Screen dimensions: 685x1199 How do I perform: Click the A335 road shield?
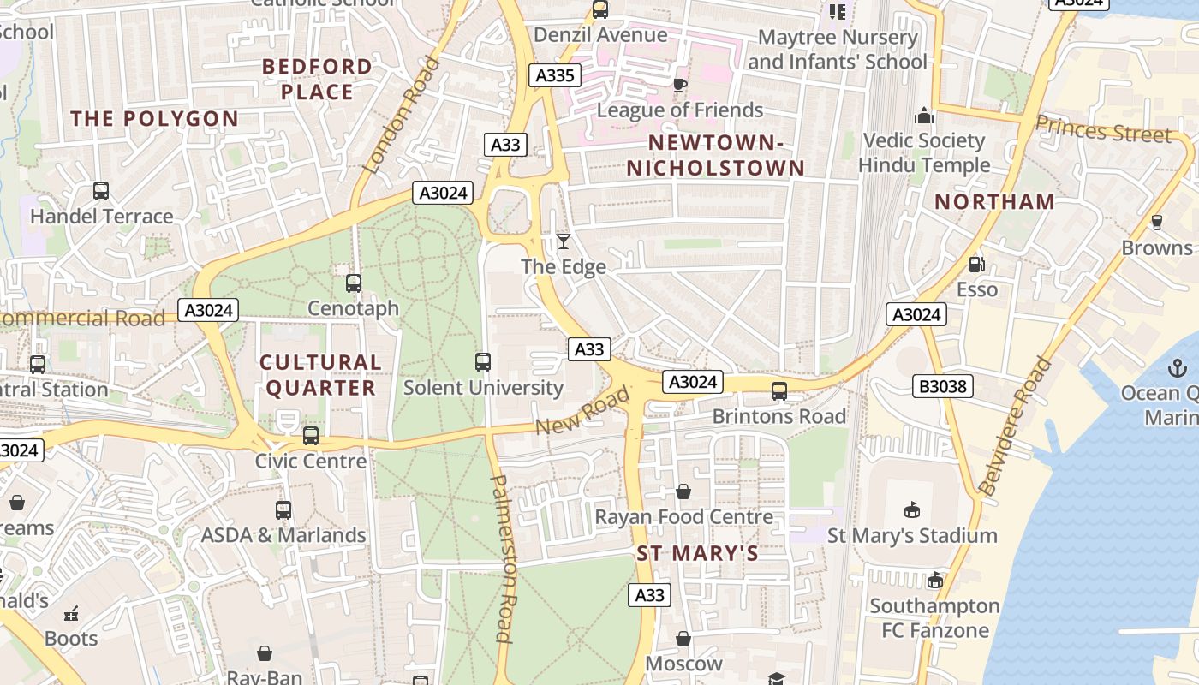pyautogui.click(x=554, y=75)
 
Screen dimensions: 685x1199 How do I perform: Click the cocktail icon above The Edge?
pyautogui.click(x=564, y=241)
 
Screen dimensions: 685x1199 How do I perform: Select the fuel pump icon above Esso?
pyautogui.click(x=975, y=265)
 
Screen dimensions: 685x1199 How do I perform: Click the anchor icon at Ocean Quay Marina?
pyautogui.click(x=1178, y=368)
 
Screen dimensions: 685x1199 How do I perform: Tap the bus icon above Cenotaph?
pyautogui.click(x=353, y=283)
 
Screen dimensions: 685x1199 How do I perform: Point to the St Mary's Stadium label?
pyautogui.click(x=911, y=536)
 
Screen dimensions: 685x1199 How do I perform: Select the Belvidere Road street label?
pyautogui.click(x=1016, y=427)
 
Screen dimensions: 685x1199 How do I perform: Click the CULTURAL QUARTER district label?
pyautogui.click(x=320, y=375)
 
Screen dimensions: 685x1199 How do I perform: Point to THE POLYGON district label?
pyautogui.click(x=154, y=119)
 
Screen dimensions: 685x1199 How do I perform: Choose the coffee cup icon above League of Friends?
pyautogui.click(x=680, y=85)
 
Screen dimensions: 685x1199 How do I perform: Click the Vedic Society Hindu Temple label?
pyautogui.click(x=923, y=152)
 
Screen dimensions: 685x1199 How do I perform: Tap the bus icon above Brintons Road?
pyautogui.click(x=778, y=391)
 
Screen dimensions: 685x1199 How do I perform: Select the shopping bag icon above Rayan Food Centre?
pyautogui.click(x=683, y=491)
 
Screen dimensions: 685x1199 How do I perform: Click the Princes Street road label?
pyautogui.click(x=1103, y=129)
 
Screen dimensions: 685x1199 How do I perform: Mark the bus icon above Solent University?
pyautogui.click(x=483, y=362)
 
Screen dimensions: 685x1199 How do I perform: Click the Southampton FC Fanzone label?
pyautogui.click(x=934, y=618)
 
